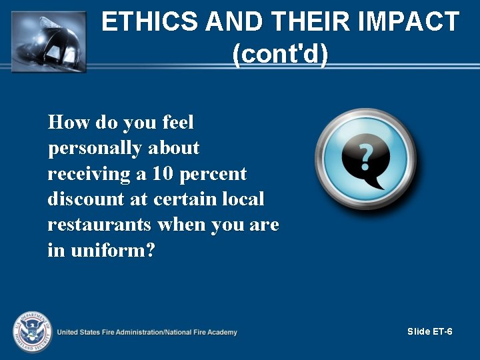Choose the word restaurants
click(x=100, y=225)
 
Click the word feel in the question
click(x=177, y=123)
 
